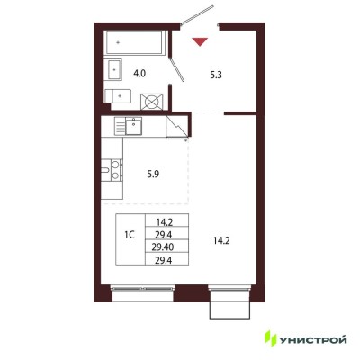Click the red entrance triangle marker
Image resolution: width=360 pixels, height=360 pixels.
tap(200, 41)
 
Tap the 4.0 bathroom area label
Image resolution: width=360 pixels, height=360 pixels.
tap(139, 74)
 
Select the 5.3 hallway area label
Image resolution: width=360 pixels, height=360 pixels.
tap(216, 75)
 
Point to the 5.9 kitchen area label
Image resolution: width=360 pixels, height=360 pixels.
tap(153, 175)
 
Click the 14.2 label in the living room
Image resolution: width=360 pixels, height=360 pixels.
tap(221, 241)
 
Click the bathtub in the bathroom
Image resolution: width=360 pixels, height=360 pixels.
tap(134, 43)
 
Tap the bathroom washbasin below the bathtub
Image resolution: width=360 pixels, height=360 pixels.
tap(114, 69)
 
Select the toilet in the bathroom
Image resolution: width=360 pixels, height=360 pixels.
tap(118, 96)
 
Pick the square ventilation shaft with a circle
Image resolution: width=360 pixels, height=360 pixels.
tap(152, 102)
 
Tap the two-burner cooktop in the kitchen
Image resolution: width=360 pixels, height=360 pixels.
tap(115, 170)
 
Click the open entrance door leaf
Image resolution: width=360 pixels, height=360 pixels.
tap(197, 15)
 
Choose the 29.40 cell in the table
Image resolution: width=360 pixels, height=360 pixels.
tap(166, 247)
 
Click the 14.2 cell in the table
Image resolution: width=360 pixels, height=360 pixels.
tap(166, 222)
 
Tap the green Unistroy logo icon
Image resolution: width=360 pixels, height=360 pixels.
tap(272, 338)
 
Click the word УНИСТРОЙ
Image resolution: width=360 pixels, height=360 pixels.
tap(313, 340)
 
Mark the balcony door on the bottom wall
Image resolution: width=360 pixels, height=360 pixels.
tap(229, 303)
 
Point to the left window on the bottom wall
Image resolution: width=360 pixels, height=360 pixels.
tap(142, 289)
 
